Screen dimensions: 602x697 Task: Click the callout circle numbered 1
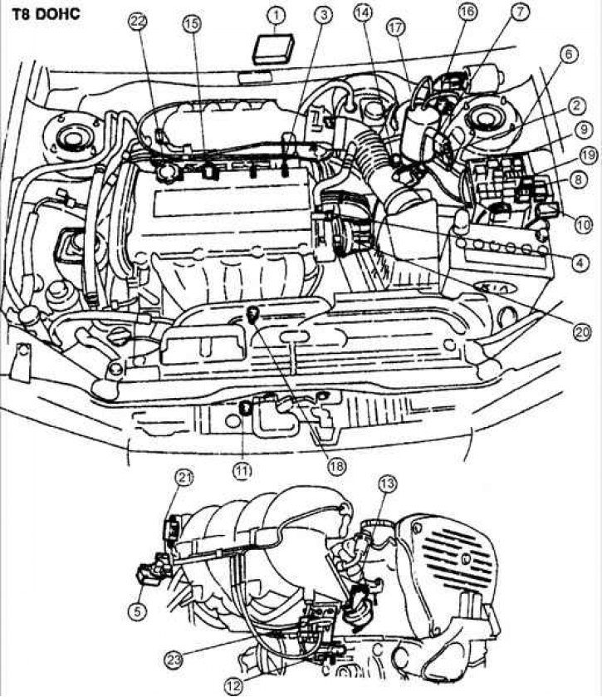(x=277, y=16)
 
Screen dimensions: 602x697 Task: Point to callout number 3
(x=324, y=16)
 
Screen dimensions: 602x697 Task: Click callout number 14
(x=363, y=13)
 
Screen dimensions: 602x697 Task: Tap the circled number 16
(x=467, y=12)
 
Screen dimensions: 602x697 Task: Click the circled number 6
(x=569, y=55)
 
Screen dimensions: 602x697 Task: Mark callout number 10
(x=584, y=225)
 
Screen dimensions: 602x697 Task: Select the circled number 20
(x=582, y=331)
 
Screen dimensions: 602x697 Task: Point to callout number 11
(x=242, y=470)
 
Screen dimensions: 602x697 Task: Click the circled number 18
(x=336, y=466)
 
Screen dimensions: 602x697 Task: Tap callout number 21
(x=184, y=478)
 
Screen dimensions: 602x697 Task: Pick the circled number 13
(x=388, y=484)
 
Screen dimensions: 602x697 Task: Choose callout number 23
(x=174, y=660)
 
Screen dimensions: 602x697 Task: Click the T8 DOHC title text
(x=46, y=14)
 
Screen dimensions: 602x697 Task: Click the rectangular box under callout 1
(x=273, y=48)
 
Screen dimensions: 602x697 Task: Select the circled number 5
(x=137, y=612)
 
